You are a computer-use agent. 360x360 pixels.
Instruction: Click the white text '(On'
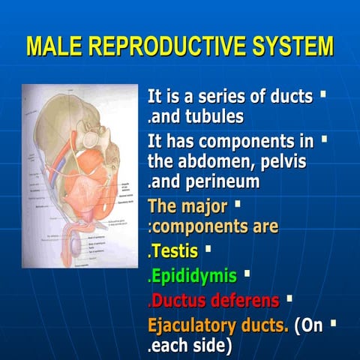point(309,325)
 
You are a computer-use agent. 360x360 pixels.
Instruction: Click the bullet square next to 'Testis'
point(208,247)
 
